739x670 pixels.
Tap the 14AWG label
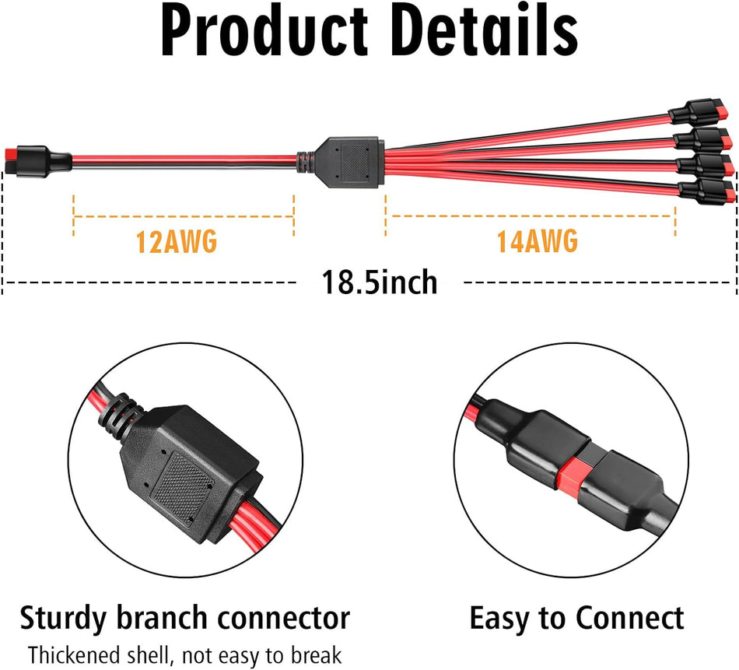(537, 242)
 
